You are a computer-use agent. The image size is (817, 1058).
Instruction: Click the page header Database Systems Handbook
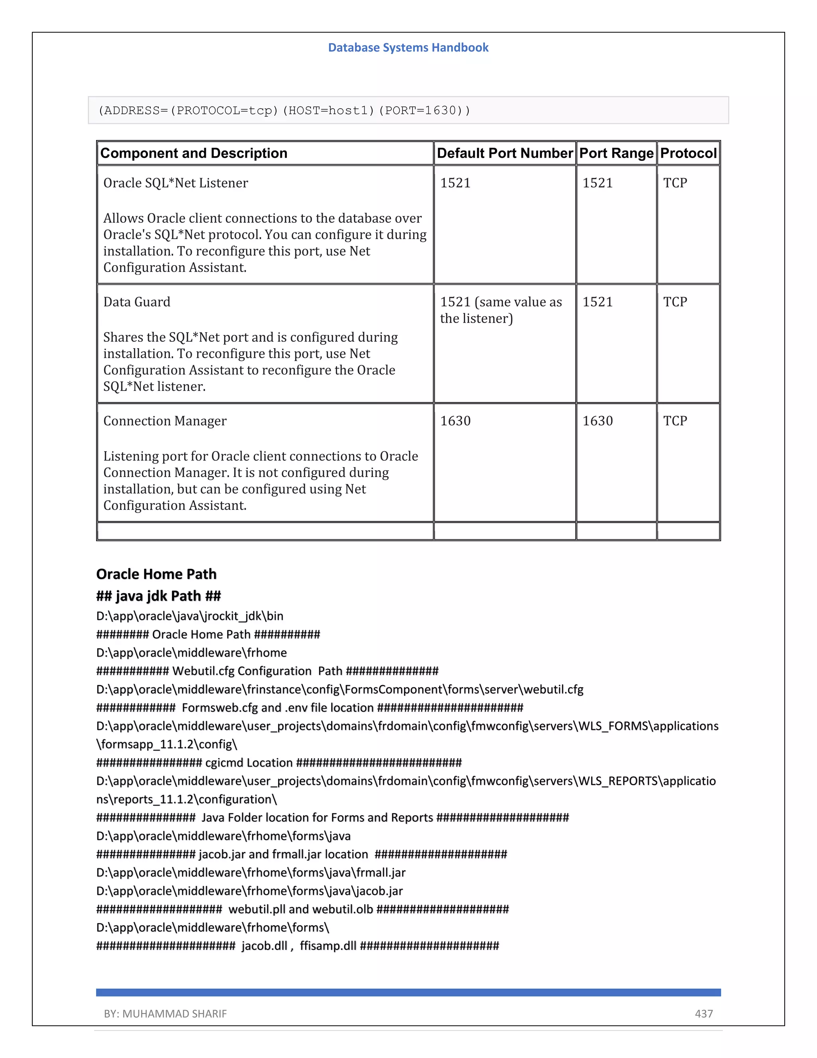[408, 48]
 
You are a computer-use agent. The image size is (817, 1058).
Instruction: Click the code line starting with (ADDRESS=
[284, 111]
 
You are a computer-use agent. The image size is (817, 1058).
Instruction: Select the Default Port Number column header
[504, 153]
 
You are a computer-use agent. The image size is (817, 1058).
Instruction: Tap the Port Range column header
[616, 153]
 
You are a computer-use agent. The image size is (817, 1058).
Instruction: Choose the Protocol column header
[688, 153]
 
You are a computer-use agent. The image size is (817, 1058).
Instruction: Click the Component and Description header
[193, 153]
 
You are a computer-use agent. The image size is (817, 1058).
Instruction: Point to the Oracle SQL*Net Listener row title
[175, 183]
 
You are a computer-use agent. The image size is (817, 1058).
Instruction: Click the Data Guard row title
[136, 302]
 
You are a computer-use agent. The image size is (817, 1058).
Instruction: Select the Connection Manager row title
[165, 421]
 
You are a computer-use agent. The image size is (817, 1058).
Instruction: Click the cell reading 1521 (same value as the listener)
[501, 310]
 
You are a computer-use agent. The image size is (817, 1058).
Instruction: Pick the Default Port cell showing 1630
[455, 421]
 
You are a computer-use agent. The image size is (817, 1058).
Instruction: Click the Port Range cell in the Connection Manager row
[597, 421]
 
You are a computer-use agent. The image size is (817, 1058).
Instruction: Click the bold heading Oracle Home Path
[156, 574]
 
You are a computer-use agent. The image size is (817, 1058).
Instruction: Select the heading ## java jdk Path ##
[158, 596]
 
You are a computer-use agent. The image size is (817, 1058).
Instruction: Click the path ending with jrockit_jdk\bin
[190, 616]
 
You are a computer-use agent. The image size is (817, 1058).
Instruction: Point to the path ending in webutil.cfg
[340, 689]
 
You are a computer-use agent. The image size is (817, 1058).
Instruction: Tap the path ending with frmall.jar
[251, 872]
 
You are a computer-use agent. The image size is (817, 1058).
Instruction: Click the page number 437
[704, 1013]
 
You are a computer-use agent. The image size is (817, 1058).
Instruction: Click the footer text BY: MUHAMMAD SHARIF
[165, 1013]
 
